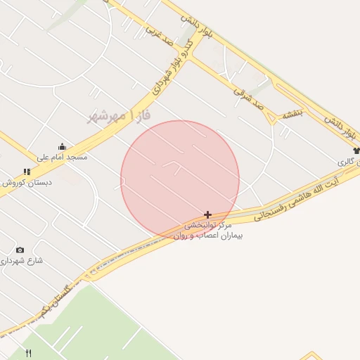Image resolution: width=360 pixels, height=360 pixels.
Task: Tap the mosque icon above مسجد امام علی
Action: point(62,147)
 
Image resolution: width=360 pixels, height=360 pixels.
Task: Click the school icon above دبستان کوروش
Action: point(27,172)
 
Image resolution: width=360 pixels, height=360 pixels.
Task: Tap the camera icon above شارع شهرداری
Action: point(20,250)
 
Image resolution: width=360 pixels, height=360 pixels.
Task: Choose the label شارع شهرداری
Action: point(21,260)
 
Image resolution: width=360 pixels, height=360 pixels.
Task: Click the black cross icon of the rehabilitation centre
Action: point(207,214)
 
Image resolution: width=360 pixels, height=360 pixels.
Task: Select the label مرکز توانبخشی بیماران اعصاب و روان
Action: point(208,231)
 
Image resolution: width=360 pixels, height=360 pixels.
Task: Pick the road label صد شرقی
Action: point(250,96)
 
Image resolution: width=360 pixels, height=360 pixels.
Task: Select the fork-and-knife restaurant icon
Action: point(29,353)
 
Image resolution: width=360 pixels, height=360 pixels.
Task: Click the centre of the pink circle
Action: point(180,180)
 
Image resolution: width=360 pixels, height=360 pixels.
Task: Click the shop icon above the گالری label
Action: point(356,150)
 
